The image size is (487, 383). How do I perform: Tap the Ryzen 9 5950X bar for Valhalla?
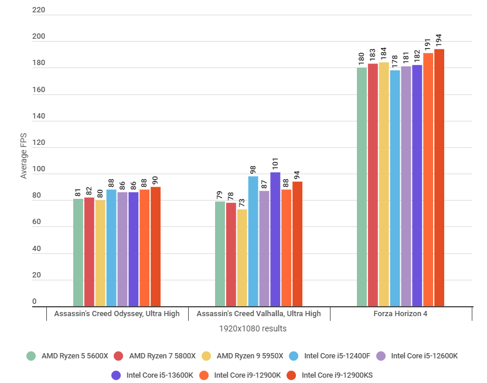click(x=242, y=258)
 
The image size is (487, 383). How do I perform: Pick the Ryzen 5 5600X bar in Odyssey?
click(x=78, y=253)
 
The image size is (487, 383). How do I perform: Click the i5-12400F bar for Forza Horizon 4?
click(x=395, y=188)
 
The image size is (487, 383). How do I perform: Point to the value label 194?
click(x=440, y=40)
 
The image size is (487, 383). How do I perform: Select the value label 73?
click(x=242, y=202)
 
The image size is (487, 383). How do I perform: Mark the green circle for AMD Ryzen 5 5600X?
click(x=31, y=355)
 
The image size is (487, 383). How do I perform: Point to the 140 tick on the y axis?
click(x=36, y=117)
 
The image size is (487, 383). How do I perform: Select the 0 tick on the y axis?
click(x=34, y=302)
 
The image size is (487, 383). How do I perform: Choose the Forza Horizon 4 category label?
click(x=400, y=314)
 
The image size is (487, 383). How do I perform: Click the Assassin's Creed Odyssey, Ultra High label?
click(x=117, y=314)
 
